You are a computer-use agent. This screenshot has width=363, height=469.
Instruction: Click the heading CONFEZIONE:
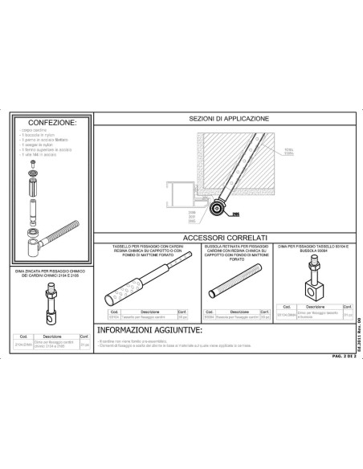pyautogui.click(x=51, y=123)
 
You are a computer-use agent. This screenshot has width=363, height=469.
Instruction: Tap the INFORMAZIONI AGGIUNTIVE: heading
pyautogui.click(x=149, y=329)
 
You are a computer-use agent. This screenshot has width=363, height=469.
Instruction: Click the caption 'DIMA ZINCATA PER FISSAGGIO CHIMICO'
pyautogui.click(x=51, y=275)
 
